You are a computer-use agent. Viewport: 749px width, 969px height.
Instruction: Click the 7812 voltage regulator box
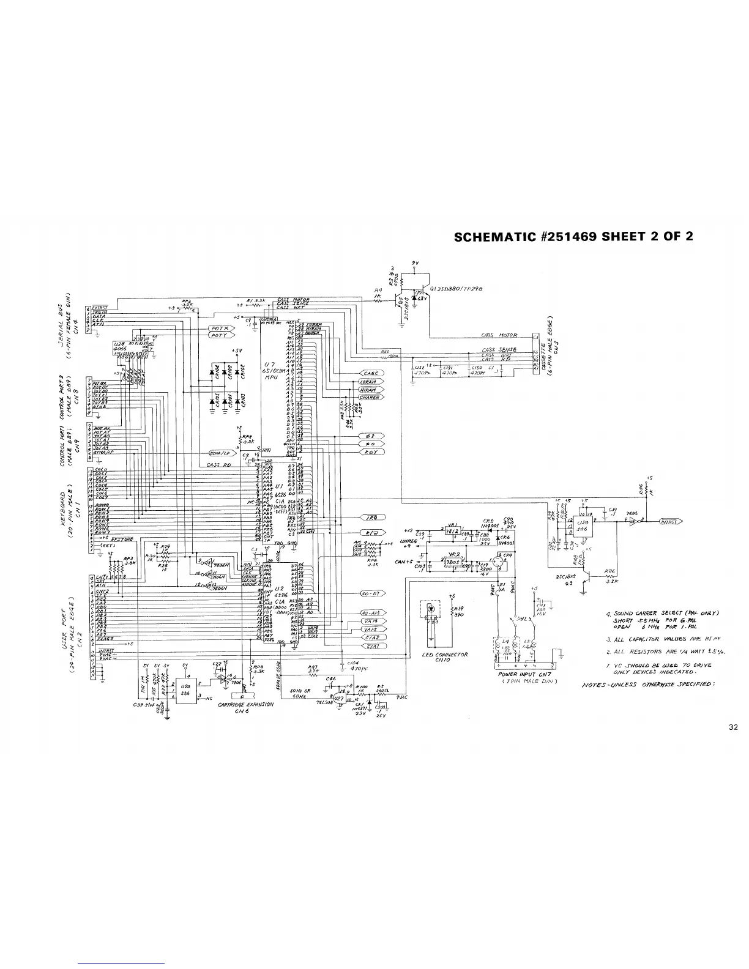(x=453, y=532)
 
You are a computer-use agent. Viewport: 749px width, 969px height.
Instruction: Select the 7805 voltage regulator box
(x=454, y=562)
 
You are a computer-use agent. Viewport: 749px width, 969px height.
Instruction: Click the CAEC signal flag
(x=371, y=374)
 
